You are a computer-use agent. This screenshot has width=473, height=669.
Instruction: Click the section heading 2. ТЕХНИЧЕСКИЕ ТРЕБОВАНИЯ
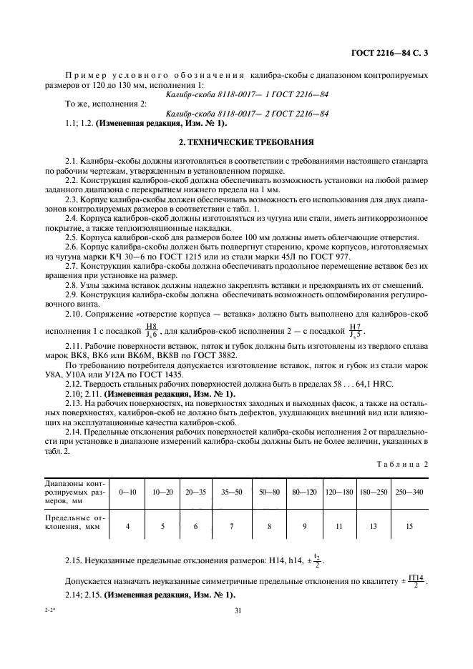235,142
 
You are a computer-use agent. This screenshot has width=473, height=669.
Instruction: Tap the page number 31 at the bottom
236,610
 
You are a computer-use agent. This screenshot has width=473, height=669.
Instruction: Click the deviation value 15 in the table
409,525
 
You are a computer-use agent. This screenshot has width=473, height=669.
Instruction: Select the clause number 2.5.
74,237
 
